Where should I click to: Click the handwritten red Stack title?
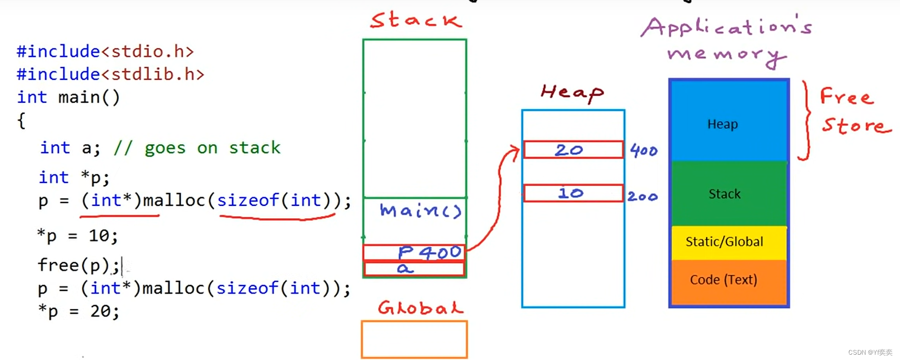click(x=415, y=20)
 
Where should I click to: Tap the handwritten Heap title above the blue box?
click(x=572, y=92)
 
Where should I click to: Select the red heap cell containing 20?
click(x=573, y=149)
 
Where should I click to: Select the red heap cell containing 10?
click(x=573, y=193)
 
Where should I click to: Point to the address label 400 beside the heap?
click(x=643, y=150)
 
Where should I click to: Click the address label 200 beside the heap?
click(x=643, y=196)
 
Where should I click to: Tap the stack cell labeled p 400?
click(x=414, y=252)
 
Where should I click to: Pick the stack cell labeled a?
click(x=414, y=269)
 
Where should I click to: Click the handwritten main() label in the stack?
click(x=420, y=210)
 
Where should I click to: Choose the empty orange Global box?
click(x=414, y=339)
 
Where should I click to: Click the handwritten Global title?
click(x=421, y=308)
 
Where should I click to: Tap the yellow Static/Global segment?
click(x=729, y=242)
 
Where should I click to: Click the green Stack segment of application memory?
click(x=729, y=194)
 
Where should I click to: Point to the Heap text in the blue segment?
click(x=722, y=124)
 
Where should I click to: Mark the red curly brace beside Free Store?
click(x=805, y=120)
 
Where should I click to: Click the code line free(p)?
click(x=78, y=265)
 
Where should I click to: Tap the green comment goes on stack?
click(x=197, y=147)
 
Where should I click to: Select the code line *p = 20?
click(x=78, y=311)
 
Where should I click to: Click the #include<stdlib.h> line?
click(x=110, y=74)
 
